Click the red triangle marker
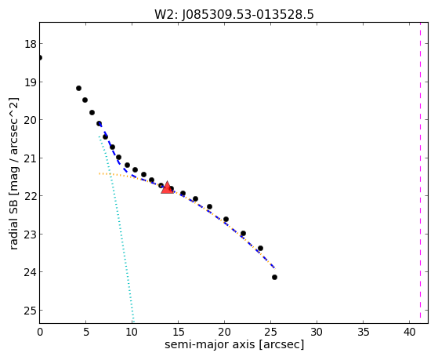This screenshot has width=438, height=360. click(167, 187)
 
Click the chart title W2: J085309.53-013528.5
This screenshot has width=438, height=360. click(234, 14)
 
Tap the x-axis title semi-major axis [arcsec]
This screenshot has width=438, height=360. click(234, 344)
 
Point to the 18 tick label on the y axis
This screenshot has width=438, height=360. click(31, 44)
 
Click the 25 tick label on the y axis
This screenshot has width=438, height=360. click(31, 311)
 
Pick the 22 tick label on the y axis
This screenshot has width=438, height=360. click(31, 196)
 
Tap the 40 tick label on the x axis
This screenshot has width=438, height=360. click(409, 332)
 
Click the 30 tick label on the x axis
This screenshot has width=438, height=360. click(317, 332)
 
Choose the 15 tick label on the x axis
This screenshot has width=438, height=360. click(178, 332)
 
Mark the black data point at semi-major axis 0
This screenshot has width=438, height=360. click(40, 57)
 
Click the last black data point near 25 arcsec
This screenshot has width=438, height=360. click(274, 277)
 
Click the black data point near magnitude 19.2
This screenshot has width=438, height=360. click(79, 88)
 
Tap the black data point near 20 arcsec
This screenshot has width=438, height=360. click(226, 219)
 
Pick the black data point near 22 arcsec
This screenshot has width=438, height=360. click(244, 233)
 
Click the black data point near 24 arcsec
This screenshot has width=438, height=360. click(261, 248)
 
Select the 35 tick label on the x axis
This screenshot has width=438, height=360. click(363, 332)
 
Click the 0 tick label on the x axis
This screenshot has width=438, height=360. click(40, 332)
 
